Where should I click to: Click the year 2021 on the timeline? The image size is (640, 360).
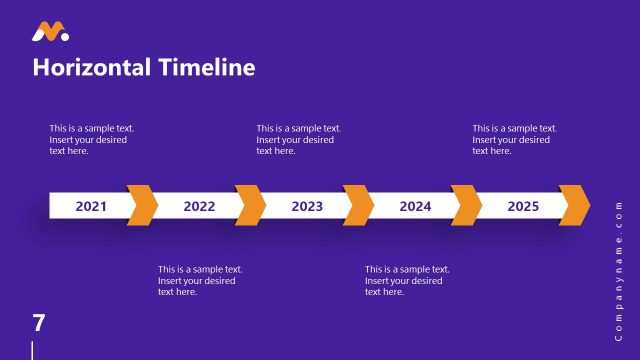[91, 207]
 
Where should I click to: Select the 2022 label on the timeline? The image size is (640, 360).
[199, 207]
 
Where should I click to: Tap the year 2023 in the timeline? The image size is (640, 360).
[307, 207]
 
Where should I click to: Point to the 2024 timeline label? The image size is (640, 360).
[415, 207]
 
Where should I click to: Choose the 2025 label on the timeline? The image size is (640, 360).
[523, 207]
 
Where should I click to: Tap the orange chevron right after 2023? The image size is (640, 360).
[359, 205]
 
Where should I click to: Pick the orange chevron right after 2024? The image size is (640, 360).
[467, 205]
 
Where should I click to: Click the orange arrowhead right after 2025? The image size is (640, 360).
[575, 205]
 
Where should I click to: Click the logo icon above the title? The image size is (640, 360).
[50, 32]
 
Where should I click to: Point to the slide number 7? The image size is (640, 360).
[39, 322]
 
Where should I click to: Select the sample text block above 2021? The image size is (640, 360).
[92, 139]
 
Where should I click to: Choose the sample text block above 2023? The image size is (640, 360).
[298, 139]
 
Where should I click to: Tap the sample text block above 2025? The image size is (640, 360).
[514, 139]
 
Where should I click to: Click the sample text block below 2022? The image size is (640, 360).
[200, 280]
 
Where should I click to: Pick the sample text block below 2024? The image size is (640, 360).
[407, 280]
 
